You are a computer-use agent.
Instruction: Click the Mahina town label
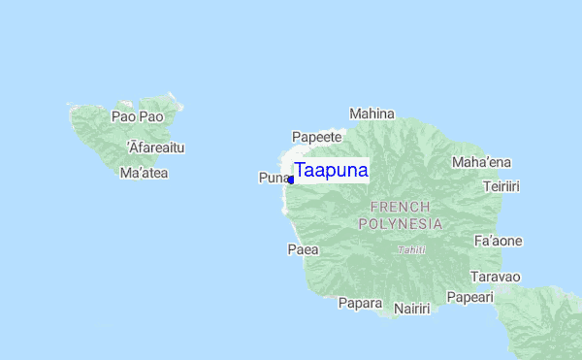pyautogui.click(x=372, y=114)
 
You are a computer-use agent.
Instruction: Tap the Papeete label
pyautogui.click(x=317, y=137)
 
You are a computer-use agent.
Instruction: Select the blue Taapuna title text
pyautogui.click(x=331, y=171)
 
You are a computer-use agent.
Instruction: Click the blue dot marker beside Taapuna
pyautogui.click(x=290, y=180)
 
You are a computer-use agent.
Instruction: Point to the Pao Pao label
pyautogui.click(x=137, y=116)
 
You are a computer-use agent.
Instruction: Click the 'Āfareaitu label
pyautogui.click(x=155, y=147)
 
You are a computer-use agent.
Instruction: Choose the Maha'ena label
pyautogui.click(x=482, y=161)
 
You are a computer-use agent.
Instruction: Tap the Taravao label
pyautogui.click(x=495, y=277)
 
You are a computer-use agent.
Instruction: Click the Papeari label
pyautogui.click(x=469, y=297)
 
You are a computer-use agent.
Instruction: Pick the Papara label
pyautogui.click(x=360, y=303)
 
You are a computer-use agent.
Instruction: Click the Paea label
pyautogui.click(x=304, y=249)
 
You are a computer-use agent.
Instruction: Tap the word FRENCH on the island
pyautogui.click(x=401, y=207)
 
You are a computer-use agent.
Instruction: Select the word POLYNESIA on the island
pyautogui.click(x=401, y=223)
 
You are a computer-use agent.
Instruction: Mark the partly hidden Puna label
pyautogui.click(x=273, y=178)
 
